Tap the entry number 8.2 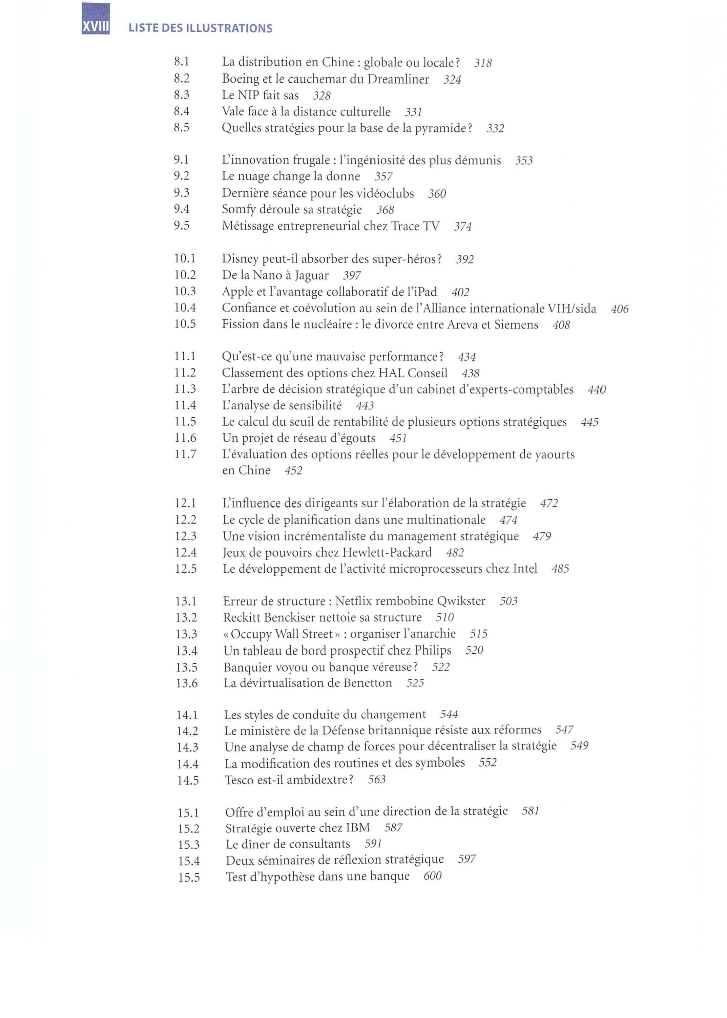pos(182,79)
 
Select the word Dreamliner pos(398,79)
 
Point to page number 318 pos(482,63)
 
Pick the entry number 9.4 pos(182,209)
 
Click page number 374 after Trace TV pos(462,227)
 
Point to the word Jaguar pos(312,275)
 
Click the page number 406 pos(620,309)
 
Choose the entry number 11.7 pos(185,454)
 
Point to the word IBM pos(358,828)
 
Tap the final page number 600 pos(432,876)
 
